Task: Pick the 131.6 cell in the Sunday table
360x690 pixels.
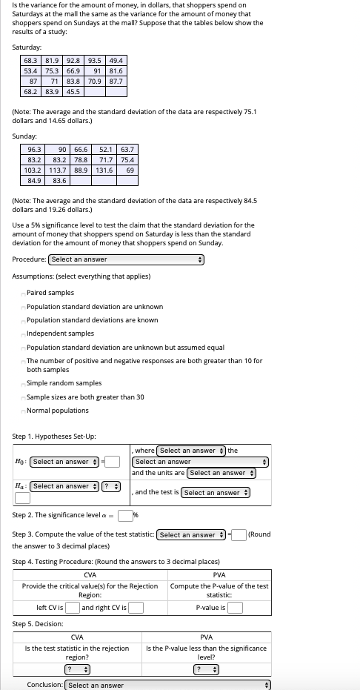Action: tap(104, 170)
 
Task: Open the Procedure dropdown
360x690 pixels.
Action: tap(126, 259)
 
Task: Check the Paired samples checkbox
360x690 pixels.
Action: tap(23, 293)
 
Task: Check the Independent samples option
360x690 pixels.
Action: tap(23, 334)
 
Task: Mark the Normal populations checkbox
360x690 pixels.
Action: tap(23, 411)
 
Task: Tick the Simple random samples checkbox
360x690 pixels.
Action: tap(23, 384)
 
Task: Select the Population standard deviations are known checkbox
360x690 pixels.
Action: tap(23, 321)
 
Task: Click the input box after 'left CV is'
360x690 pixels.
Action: tap(73, 608)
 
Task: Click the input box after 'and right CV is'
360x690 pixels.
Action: tap(136, 608)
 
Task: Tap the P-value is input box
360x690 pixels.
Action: tap(235, 608)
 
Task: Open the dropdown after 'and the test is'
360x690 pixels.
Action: tap(216, 493)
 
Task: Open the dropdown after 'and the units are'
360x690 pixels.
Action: tap(221, 473)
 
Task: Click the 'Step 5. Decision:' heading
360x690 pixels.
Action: tap(38, 624)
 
